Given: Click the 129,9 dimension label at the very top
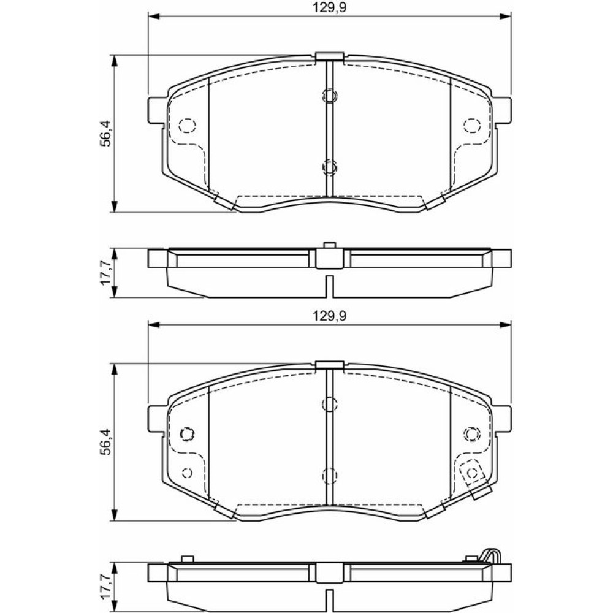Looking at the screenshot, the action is click(x=329, y=8).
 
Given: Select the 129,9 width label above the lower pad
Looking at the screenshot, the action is click(x=329, y=316).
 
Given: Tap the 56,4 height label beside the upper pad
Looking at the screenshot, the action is click(x=105, y=133).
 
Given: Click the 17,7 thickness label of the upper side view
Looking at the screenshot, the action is click(x=105, y=273).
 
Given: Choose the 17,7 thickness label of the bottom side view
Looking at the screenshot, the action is click(x=105, y=586).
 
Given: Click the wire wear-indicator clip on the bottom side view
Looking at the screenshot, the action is click(x=491, y=556).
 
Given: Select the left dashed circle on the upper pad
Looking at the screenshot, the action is click(x=187, y=126).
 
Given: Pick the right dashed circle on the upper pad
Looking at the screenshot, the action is click(x=472, y=126).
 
